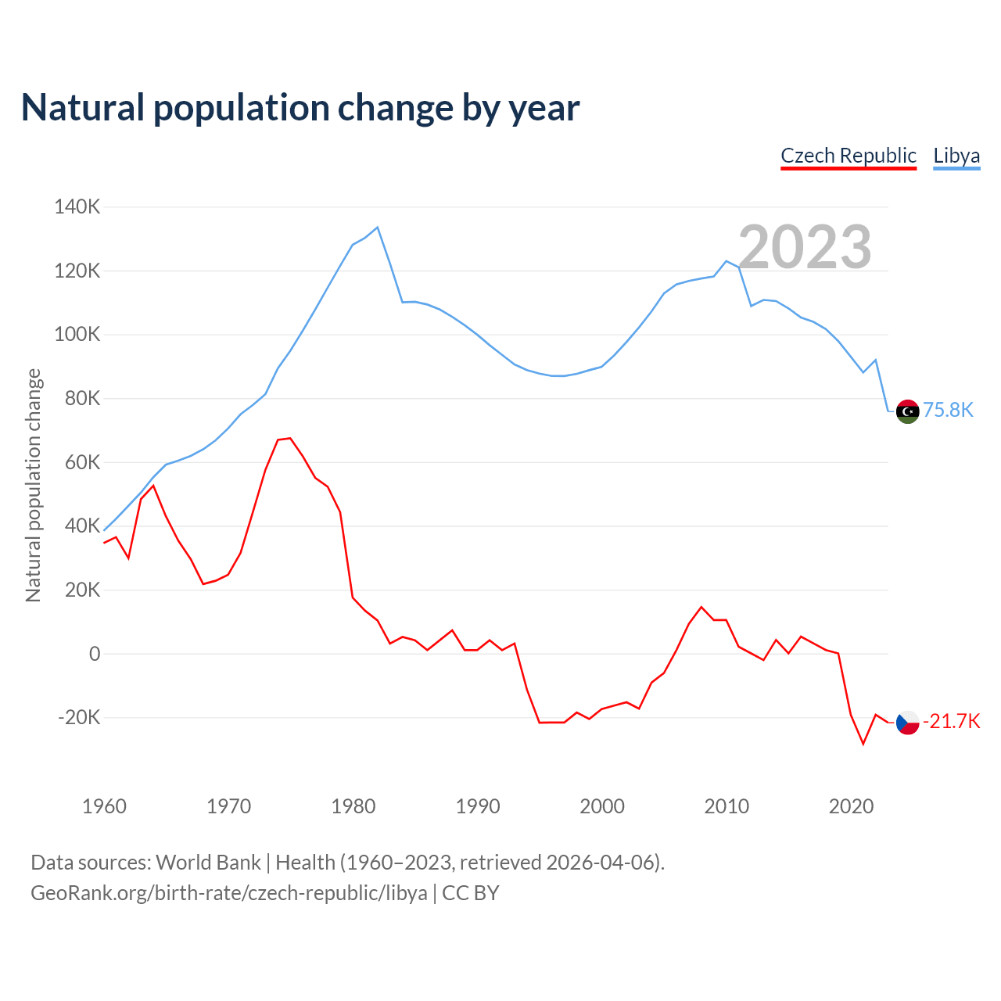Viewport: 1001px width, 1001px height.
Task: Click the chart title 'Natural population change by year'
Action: [x=300, y=108]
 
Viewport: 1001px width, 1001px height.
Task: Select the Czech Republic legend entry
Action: [x=849, y=156]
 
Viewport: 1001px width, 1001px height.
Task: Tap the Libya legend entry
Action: [x=956, y=156]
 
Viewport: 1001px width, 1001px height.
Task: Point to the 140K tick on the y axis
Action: [x=77, y=207]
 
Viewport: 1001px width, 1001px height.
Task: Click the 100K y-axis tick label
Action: [x=77, y=335]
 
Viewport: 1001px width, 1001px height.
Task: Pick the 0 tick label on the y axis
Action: [x=95, y=654]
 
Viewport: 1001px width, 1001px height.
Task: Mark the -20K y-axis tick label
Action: [x=79, y=718]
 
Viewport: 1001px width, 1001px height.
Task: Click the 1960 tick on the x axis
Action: [x=104, y=806]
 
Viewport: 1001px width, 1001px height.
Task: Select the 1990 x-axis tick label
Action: [x=478, y=806]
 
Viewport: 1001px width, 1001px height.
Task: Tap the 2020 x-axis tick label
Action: [x=851, y=806]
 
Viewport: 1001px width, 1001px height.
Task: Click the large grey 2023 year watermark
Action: [x=805, y=247]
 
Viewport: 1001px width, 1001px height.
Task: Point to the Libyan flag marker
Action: [x=907, y=411]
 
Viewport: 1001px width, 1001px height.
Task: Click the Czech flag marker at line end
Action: [x=907, y=723]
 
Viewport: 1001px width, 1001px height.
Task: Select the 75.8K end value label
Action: [x=948, y=411]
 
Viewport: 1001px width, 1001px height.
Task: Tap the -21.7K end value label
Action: [x=951, y=721]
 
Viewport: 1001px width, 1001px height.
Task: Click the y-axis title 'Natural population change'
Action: [x=33, y=485]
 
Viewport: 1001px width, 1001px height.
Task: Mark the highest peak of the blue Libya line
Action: [x=378, y=228]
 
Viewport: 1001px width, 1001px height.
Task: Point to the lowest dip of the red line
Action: [x=863, y=744]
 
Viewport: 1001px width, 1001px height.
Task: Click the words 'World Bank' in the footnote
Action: [x=208, y=863]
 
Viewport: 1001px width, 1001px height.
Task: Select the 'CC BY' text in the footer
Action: [x=471, y=893]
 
